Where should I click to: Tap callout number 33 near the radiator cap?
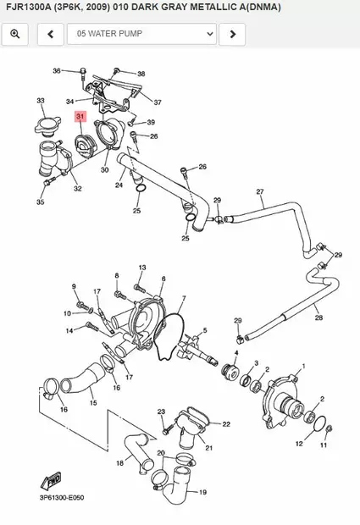(40, 101)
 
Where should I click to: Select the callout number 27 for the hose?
(260, 191)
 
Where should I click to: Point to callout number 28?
(318, 318)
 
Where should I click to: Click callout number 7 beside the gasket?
(182, 299)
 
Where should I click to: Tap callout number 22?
(226, 423)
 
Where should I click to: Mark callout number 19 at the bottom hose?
(202, 491)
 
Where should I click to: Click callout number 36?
(57, 70)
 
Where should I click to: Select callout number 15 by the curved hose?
(93, 403)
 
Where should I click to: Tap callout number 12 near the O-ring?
(298, 443)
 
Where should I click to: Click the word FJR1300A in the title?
(31, 7)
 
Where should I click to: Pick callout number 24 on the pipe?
(119, 185)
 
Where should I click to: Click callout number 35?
(40, 202)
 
